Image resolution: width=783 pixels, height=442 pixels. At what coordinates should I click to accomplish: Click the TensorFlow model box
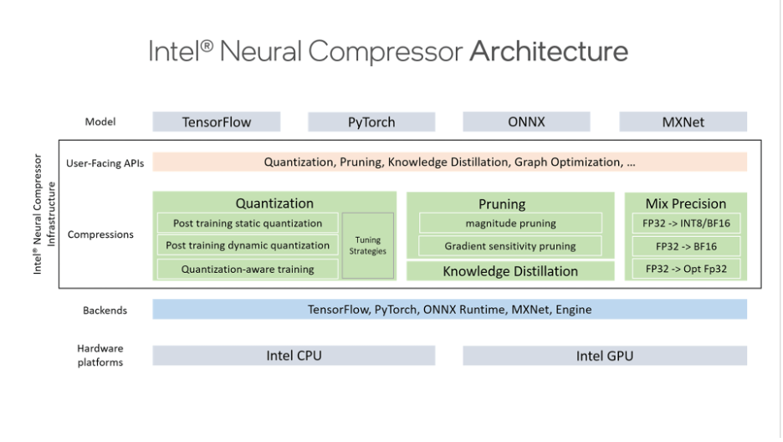pos(217,122)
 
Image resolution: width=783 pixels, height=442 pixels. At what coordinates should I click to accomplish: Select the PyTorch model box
pos(371,122)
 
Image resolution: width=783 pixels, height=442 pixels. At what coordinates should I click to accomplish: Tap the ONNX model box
pos(526,122)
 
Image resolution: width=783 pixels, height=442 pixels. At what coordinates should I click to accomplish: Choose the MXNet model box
pos(683,122)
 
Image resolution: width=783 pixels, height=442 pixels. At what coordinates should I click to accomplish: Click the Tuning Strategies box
pos(368,245)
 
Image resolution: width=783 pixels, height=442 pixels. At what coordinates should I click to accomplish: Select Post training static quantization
pos(248,224)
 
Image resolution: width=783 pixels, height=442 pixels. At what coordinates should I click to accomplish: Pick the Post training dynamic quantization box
pos(248,246)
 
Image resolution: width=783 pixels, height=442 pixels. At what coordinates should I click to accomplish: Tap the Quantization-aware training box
pos(248,270)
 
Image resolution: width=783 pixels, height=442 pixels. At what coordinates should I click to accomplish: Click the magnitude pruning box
pos(510,224)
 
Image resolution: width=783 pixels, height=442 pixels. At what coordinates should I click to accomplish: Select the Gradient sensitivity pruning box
pos(510,247)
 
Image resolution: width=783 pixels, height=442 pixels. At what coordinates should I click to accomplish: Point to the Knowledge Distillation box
pos(510,271)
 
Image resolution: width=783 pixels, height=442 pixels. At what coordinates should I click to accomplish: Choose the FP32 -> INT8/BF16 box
pos(686,224)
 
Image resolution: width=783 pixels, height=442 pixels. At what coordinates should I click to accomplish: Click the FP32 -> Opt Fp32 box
pos(686,269)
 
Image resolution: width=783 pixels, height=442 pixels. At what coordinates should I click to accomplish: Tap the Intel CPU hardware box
pos(294,356)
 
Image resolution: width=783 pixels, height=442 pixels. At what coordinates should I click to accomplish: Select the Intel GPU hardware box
pos(605,356)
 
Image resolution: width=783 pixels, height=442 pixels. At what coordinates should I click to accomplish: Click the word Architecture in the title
pos(548,51)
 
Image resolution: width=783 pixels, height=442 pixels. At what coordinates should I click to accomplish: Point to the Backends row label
pos(105,311)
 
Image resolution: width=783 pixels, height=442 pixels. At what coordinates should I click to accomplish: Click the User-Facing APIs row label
pos(105,163)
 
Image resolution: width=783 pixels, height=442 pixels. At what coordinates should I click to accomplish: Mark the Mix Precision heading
pos(686,203)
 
